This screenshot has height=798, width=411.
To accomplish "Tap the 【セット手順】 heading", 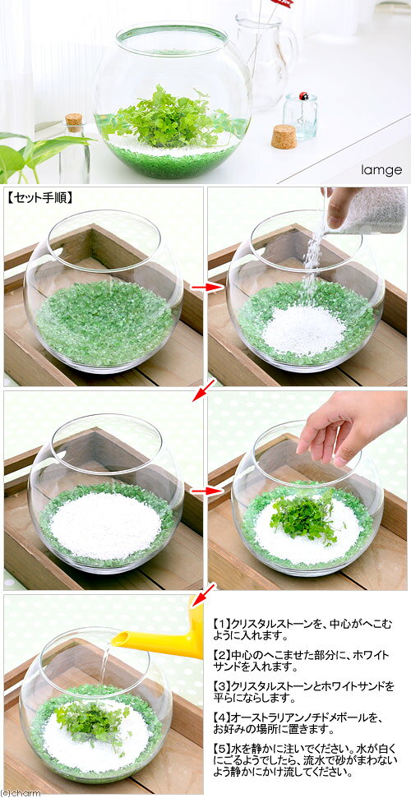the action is click(x=39, y=197).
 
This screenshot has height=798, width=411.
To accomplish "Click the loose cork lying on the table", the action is click(x=284, y=136).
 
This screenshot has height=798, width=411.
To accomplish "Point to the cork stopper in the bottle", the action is click(x=74, y=122).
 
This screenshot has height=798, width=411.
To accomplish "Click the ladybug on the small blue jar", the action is click(x=303, y=95).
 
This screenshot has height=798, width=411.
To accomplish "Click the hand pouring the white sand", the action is click(x=339, y=207).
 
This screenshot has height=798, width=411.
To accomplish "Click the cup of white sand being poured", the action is click(x=373, y=211).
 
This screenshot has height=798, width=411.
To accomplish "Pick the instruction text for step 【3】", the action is click(x=303, y=691).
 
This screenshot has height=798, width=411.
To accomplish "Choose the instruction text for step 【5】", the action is click(x=303, y=760).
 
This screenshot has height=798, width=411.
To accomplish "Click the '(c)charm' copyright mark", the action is click(x=21, y=792).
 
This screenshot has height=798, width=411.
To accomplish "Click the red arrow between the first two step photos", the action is click(x=207, y=288).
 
